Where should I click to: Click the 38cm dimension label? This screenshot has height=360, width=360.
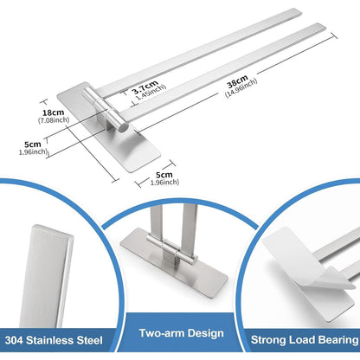237,81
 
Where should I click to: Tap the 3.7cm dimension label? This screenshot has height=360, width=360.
145,87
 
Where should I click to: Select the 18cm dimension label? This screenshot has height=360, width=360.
54,112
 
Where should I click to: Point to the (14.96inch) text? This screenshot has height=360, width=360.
241,87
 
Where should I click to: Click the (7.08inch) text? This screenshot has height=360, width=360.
54,120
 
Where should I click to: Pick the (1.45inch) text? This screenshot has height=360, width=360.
151,92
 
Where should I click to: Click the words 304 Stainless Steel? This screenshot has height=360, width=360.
54,340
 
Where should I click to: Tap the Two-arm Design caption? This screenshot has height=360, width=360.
182,333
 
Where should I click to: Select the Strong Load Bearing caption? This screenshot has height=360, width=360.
305,339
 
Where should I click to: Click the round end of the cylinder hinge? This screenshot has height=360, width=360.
125,127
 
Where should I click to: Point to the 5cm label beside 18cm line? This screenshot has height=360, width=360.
32,145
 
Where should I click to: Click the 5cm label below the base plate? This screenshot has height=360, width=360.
164,175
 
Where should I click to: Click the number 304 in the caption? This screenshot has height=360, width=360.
14,340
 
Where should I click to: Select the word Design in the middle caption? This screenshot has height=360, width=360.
205,333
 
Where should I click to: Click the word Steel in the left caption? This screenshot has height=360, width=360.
89,340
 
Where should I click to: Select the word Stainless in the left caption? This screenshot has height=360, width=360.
49,340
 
